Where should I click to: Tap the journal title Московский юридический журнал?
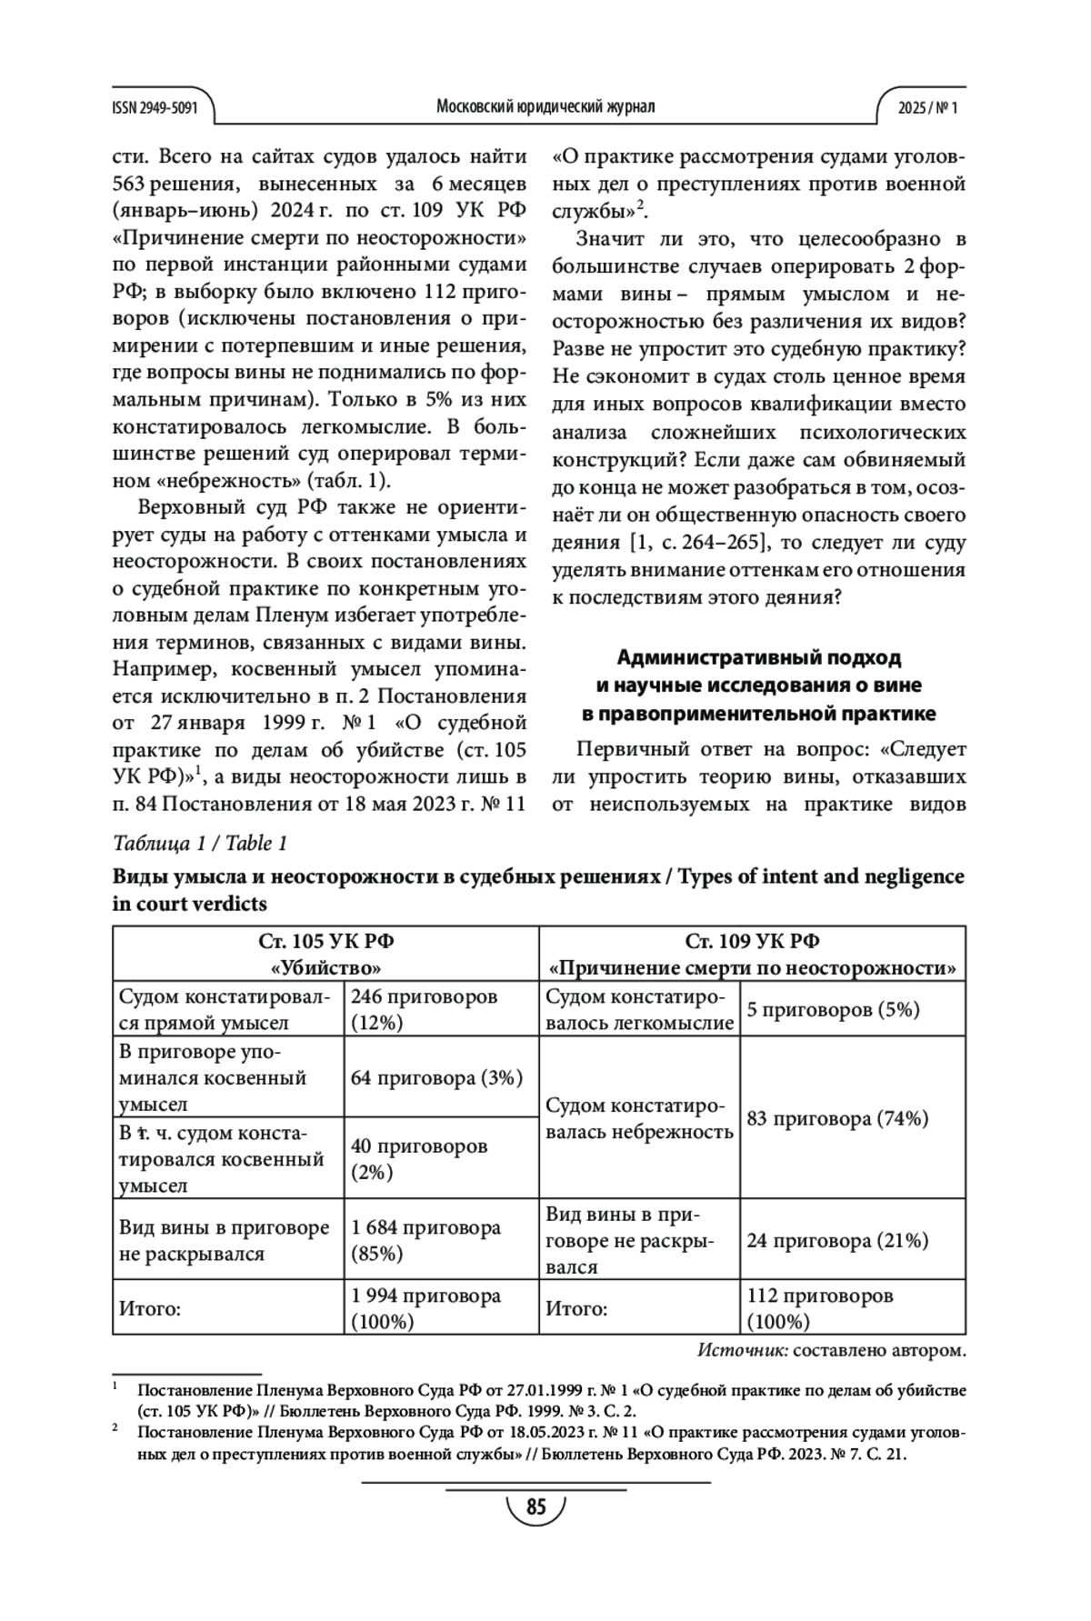545,107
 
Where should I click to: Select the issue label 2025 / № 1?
927,107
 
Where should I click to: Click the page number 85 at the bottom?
535,1508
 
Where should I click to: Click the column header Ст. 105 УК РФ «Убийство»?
326,954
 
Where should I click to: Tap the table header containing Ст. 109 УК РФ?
752,954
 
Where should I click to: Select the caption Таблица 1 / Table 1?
200,843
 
